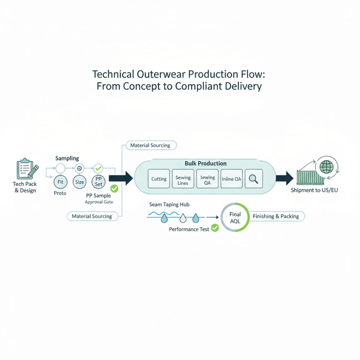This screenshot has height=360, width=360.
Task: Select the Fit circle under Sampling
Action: [60, 182]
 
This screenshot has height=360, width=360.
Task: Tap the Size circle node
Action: [79, 182]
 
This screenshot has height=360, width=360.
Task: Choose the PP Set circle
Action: [98, 182]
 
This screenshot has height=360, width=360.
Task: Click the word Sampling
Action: [67, 159]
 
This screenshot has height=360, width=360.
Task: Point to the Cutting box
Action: [159, 179]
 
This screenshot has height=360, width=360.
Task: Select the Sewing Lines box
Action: [183, 179]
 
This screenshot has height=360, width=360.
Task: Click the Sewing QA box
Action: [207, 179]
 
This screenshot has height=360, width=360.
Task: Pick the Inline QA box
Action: [231, 179]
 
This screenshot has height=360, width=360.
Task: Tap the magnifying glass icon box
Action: [254, 179]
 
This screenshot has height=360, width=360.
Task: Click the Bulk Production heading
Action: [205, 164]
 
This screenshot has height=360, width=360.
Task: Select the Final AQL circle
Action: [235, 218]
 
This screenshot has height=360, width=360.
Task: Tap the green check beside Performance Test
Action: [215, 228]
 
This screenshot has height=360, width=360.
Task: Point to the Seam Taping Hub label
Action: [169, 205]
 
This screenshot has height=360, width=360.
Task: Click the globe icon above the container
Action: [326, 167]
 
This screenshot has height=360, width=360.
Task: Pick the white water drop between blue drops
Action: [182, 219]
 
